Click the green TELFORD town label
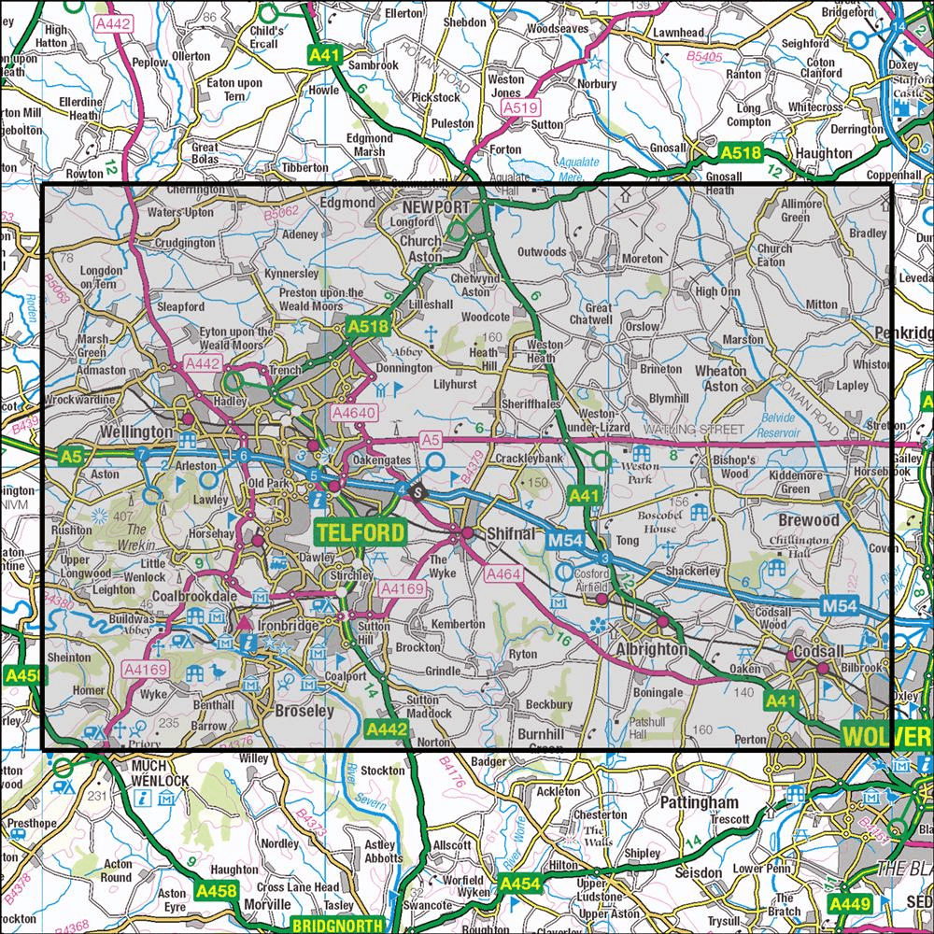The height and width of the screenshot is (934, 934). pyautogui.click(x=361, y=533)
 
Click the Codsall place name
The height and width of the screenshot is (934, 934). pyautogui.click(x=818, y=651)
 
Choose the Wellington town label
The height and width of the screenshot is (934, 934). pyautogui.click(x=135, y=432)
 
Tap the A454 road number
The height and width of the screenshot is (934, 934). pyautogui.click(x=520, y=883)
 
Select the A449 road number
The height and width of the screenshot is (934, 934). pyautogui.click(x=849, y=903)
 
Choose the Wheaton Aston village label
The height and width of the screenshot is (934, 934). pyautogui.click(x=722, y=377)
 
